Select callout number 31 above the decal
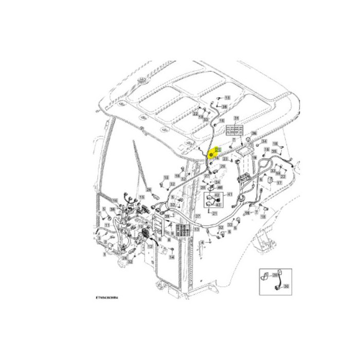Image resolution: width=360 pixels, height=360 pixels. click(x=237, y=118)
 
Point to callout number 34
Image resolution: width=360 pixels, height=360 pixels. click(x=264, y=141)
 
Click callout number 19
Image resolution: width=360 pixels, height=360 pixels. click(x=276, y=143)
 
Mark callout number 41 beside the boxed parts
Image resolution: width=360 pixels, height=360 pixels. click(x=230, y=194)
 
